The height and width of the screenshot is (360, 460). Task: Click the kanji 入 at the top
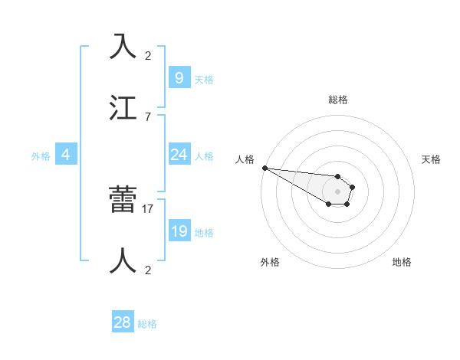[x=124, y=47]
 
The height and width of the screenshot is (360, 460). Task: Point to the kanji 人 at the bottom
[x=124, y=260]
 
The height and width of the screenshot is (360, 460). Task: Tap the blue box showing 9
[x=179, y=77]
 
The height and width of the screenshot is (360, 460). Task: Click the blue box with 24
[x=179, y=155]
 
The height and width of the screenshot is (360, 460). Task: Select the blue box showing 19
[x=179, y=231]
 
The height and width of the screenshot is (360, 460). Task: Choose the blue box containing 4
[x=66, y=155]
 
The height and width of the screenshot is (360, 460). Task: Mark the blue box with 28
[x=123, y=322]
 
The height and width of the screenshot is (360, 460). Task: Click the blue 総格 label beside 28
[x=147, y=324]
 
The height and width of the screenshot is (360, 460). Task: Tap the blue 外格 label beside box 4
[x=41, y=156]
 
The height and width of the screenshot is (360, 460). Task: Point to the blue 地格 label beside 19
[x=204, y=233]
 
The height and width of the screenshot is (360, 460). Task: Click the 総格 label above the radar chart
[x=337, y=100]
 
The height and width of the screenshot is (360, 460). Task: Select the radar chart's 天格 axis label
[x=432, y=159]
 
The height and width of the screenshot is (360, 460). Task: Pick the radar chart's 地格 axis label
[x=402, y=262]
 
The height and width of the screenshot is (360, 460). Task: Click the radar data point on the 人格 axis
[x=264, y=168]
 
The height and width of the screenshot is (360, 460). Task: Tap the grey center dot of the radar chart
[x=337, y=191]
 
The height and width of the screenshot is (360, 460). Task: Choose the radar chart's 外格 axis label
[x=270, y=262]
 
